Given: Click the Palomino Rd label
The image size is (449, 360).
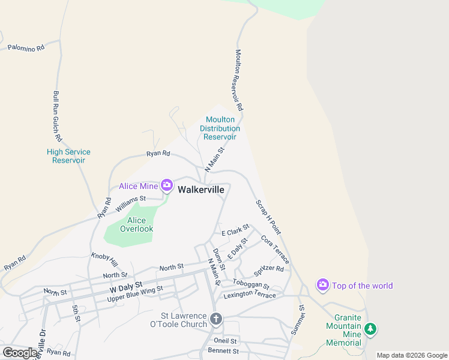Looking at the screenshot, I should [x=25, y=47].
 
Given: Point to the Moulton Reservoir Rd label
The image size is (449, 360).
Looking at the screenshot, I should [x=238, y=80].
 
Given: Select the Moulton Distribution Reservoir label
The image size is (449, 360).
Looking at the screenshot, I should [x=220, y=128].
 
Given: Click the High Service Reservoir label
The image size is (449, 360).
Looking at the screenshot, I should [x=68, y=156].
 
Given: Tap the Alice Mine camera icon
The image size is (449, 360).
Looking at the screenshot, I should [x=166, y=186].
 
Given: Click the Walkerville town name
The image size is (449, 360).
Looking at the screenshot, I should [x=201, y=189].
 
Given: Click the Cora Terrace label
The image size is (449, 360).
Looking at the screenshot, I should [x=275, y=249].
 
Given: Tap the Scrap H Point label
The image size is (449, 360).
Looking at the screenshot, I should [x=268, y=217].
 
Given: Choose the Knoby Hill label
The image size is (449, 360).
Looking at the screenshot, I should [x=105, y=259].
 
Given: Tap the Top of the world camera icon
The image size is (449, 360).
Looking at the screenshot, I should [x=323, y=284].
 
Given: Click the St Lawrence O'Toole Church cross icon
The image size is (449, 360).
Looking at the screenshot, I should [x=216, y=319].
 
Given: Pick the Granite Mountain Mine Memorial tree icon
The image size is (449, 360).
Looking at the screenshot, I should [x=371, y=328].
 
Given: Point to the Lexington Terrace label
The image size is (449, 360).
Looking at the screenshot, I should [x=250, y=295].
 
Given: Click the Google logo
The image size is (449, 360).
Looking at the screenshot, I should [x=20, y=352].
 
